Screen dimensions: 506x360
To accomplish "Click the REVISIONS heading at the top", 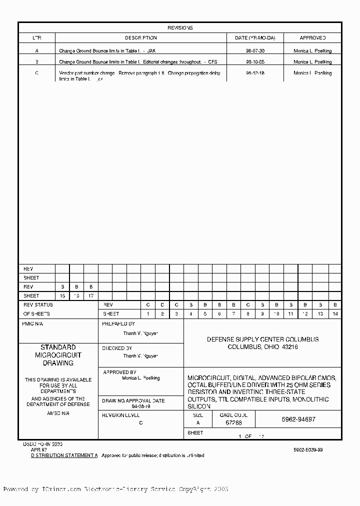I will [180, 28].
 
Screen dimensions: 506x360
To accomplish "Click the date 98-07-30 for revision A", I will [255, 51].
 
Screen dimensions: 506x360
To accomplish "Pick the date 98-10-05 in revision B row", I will [255, 62].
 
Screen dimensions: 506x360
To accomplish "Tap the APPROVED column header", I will [312, 38].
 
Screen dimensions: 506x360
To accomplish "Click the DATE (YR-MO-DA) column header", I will [258, 38].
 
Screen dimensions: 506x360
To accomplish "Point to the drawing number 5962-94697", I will [298, 420].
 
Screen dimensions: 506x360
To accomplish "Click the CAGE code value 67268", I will [233, 423].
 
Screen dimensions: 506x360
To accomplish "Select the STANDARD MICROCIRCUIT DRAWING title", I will [58, 355].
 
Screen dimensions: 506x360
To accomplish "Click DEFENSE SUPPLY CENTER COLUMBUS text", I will [262, 339].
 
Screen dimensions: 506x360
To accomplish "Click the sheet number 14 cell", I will [334, 314].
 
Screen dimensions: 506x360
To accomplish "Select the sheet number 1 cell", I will [148, 314].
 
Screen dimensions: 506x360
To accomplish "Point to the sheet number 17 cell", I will [90, 296].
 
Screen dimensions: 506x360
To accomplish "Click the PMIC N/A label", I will [33, 324].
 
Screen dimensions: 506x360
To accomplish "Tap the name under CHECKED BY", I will [140, 356].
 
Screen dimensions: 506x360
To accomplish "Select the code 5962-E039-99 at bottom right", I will [308, 450].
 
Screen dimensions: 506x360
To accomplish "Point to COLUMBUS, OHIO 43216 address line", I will [262, 347].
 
